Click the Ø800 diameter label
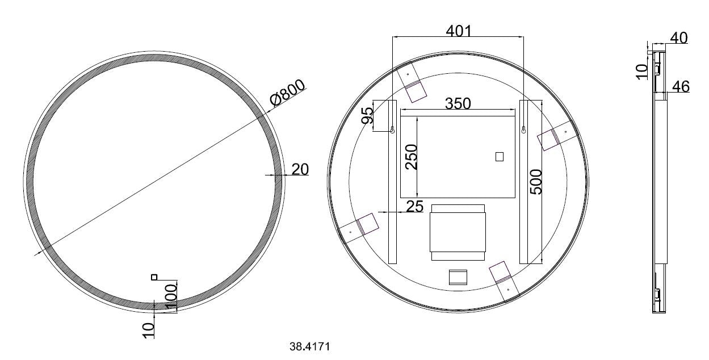[288, 93]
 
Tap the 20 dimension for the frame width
[300, 169]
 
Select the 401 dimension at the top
[458, 30]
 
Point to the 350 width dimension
[458, 103]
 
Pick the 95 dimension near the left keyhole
[367, 115]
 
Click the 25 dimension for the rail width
[414, 206]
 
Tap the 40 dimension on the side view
[678, 38]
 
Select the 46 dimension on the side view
[681, 87]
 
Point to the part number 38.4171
[309, 345]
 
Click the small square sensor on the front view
[153, 277]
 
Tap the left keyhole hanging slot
[392, 131]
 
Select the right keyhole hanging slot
[523, 131]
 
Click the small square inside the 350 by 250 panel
[499, 157]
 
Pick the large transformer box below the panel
[458, 232]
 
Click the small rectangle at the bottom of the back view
[458, 277]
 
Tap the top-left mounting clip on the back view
[413, 82]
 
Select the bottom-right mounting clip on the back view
[505, 281]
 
